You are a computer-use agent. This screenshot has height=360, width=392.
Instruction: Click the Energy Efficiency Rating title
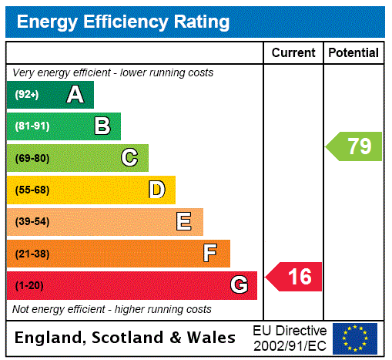pos(123,22)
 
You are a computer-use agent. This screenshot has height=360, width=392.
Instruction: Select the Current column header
pos(293,53)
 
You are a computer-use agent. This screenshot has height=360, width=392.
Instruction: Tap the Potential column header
pos(353,53)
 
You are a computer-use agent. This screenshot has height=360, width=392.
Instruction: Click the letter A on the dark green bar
pos(75,95)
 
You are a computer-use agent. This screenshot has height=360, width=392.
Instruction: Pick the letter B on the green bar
pos(102,126)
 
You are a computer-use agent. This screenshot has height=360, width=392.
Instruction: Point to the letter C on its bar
pos(129,158)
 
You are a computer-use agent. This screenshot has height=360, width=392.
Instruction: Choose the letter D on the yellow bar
pos(156,190)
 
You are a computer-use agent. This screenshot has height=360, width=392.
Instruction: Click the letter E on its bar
pos(184,222)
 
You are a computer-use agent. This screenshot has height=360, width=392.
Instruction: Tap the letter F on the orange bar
pos(210,254)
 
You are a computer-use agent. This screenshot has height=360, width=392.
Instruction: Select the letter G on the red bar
pos(239,286)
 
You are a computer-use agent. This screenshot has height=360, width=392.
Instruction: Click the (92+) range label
pos(27,95)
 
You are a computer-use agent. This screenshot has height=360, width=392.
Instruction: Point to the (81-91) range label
pos(32,126)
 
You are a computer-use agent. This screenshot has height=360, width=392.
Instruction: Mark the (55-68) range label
pos(32,190)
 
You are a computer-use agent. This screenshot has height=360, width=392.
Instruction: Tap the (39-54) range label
pos(32,222)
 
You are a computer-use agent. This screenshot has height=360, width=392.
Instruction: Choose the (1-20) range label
pos(29,286)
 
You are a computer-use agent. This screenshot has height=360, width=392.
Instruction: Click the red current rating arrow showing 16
pos(295,276)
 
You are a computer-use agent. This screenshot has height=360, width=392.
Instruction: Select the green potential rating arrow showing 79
pos(355,146)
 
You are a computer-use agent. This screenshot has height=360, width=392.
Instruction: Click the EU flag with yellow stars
pos(355,338)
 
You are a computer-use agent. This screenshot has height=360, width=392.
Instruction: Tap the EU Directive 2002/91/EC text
pos(290,338)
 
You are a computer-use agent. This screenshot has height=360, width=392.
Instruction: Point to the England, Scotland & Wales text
pos(126,338)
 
